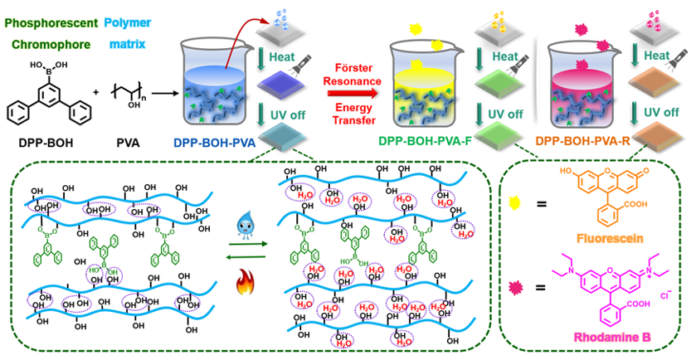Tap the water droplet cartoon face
(269, 225)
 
